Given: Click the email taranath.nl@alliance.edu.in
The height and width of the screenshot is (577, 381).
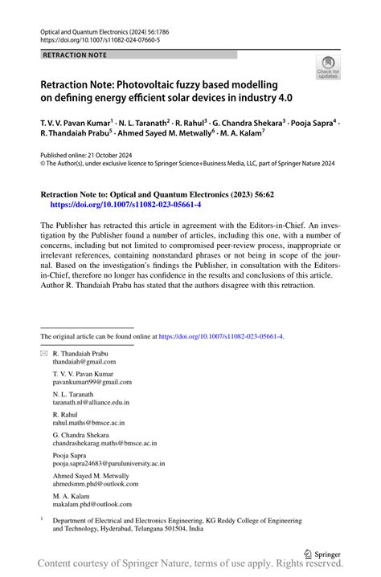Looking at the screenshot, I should (x=91, y=402).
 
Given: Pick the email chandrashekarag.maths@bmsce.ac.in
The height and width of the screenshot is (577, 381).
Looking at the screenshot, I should (x=104, y=442).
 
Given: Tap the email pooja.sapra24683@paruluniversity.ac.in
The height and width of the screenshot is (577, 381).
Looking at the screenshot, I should (x=109, y=463).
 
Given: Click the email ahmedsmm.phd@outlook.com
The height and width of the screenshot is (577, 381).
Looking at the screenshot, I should (x=92, y=483).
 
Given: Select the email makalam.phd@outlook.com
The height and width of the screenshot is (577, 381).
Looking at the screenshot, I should (x=92, y=504).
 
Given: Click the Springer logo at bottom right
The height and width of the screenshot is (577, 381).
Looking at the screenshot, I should (x=320, y=554).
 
